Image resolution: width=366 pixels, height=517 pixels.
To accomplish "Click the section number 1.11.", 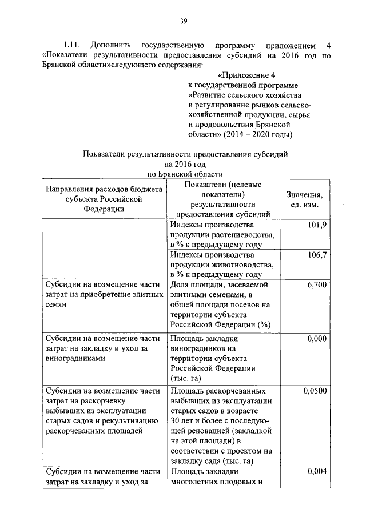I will tap(73, 44).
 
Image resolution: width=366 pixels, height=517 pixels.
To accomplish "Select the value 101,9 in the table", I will tap(316, 225).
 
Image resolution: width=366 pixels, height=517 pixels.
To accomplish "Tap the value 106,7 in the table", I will tap(316, 254).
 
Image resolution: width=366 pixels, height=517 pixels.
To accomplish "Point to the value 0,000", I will tap(316, 339).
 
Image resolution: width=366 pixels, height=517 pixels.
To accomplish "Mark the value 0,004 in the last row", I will tap(316, 472).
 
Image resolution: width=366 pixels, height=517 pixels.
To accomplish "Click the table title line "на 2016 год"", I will tap(184, 164).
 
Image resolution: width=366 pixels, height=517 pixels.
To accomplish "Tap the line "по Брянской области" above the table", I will tap(184, 174).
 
